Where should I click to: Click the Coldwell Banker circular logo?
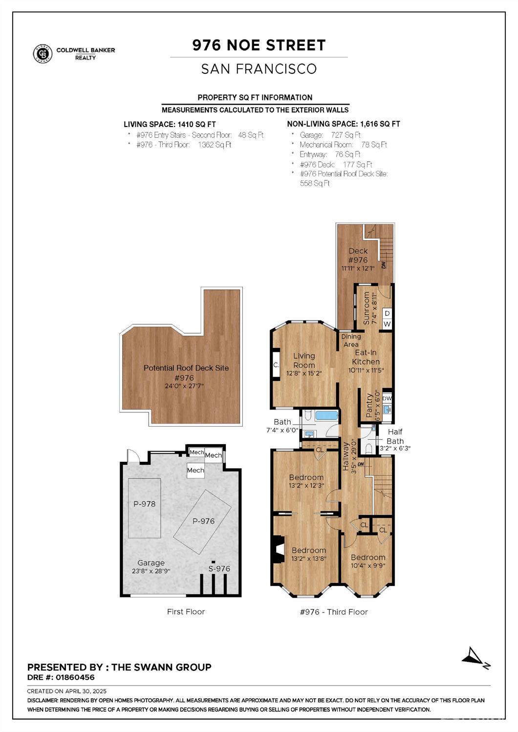(x=43, y=54)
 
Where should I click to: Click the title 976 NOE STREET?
(x=259, y=45)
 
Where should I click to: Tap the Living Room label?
(x=304, y=361)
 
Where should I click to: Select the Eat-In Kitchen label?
(x=366, y=357)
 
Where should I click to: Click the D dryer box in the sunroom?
(x=387, y=313)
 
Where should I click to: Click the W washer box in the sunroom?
(x=387, y=324)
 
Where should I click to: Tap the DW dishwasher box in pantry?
(x=387, y=398)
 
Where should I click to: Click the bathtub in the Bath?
(x=326, y=416)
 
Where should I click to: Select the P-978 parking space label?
(x=145, y=504)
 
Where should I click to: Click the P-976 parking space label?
(x=203, y=521)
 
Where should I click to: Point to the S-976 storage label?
(x=219, y=568)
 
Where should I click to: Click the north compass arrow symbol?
(x=475, y=657)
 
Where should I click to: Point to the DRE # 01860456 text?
(x=61, y=677)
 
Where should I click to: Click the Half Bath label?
(x=395, y=436)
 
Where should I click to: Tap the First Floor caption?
(x=186, y=611)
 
